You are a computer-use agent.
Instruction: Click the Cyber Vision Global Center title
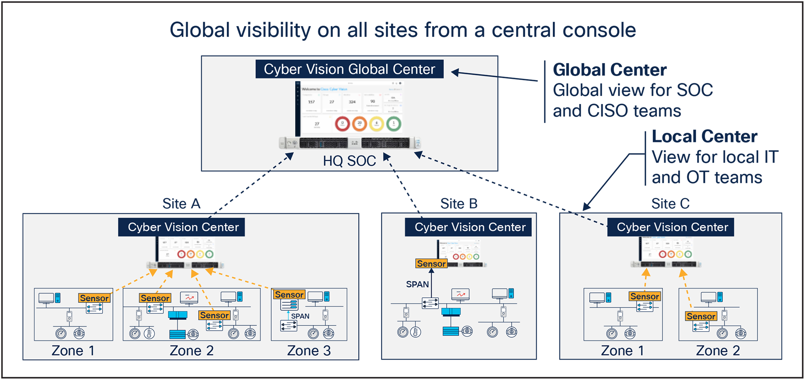tap(349, 69)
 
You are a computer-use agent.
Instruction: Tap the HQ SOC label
tap(349, 161)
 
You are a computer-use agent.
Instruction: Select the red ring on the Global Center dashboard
tap(343, 124)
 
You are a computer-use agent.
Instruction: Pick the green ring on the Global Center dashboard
tap(394, 124)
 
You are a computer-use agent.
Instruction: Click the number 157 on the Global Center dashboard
tap(311, 102)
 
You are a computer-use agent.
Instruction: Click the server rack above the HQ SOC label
tap(350, 143)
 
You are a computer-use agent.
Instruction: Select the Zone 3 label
tap(309, 351)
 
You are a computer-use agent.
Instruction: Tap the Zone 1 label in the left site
tap(73, 351)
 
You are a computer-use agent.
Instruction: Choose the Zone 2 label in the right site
tap(718, 351)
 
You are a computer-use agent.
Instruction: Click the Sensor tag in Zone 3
tap(289, 295)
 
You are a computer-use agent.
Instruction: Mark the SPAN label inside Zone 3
tap(300, 316)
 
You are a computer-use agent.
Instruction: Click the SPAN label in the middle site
tap(417, 285)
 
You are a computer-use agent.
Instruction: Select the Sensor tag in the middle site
tap(431, 264)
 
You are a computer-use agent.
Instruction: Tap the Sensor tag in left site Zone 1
tap(94, 298)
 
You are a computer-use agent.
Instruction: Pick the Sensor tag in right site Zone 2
tap(701, 317)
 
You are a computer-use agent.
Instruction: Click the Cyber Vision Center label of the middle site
tap(470, 227)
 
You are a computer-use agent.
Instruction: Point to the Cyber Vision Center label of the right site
tap(672, 227)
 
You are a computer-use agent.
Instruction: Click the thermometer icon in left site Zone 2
tap(149, 333)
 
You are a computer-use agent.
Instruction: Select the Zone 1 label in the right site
tap(623, 351)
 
